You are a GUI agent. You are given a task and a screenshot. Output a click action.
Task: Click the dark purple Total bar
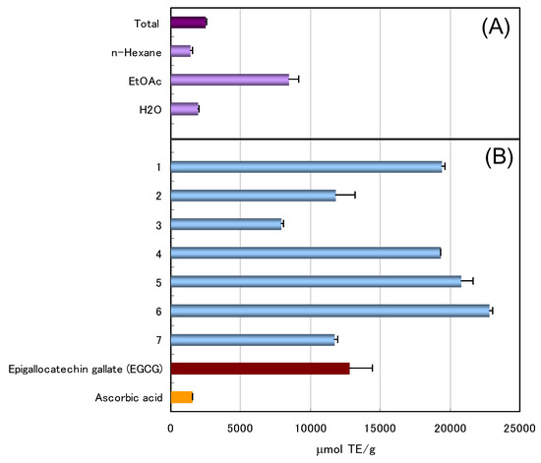(188, 22)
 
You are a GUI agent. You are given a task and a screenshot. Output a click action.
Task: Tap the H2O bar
(184, 108)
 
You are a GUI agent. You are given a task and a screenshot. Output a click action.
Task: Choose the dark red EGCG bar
(260, 368)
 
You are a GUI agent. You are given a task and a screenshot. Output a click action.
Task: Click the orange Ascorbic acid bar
(181, 397)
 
